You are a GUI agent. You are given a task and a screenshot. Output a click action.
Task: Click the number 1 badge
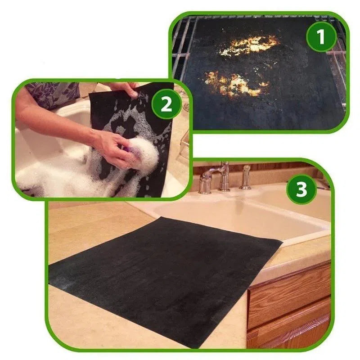point(321,36)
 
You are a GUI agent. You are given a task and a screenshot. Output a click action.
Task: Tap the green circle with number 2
point(166,104)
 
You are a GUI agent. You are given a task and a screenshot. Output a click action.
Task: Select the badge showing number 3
point(301,189)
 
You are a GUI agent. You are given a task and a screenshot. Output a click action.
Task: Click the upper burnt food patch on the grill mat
point(249,45)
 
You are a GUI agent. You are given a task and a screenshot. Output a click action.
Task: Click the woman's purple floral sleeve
point(53,94)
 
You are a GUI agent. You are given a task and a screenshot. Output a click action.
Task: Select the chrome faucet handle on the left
point(206,181)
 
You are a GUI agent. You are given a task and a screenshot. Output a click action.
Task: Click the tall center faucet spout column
point(224,176)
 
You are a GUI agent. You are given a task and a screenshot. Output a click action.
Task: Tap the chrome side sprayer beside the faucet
point(246,177)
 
